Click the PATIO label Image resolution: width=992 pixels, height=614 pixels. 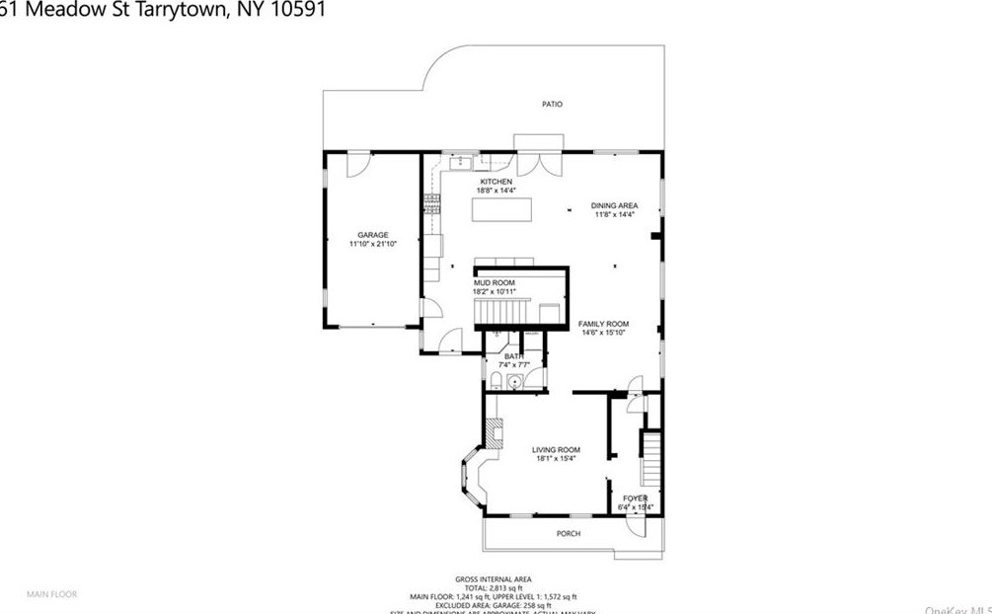click(x=552, y=104)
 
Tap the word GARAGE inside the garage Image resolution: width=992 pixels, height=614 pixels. click(x=372, y=235)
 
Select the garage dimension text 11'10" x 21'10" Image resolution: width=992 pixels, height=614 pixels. click(x=372, y=244)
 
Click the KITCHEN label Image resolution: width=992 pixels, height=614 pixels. click(x=496, y=182)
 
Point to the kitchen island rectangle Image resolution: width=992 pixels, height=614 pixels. click(x=501, y=210)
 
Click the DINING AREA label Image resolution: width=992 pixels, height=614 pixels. click(x=614, y=205)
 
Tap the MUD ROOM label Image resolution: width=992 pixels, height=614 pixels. click(x=495, y=282)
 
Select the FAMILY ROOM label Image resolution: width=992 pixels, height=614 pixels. click(x=603, y=324)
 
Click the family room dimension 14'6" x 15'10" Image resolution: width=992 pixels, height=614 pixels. click(x=603, y=334)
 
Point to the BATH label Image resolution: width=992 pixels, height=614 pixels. click(x=512, y=355)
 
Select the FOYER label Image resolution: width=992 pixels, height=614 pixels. click(x=635, y=499)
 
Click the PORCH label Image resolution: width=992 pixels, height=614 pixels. click(x=569, y=534)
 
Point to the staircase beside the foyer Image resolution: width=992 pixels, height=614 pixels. click(x=650, y=458)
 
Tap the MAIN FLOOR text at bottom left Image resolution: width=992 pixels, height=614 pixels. click(x=51, y=594)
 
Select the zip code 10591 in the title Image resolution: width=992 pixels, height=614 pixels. click(x=293, y=10)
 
